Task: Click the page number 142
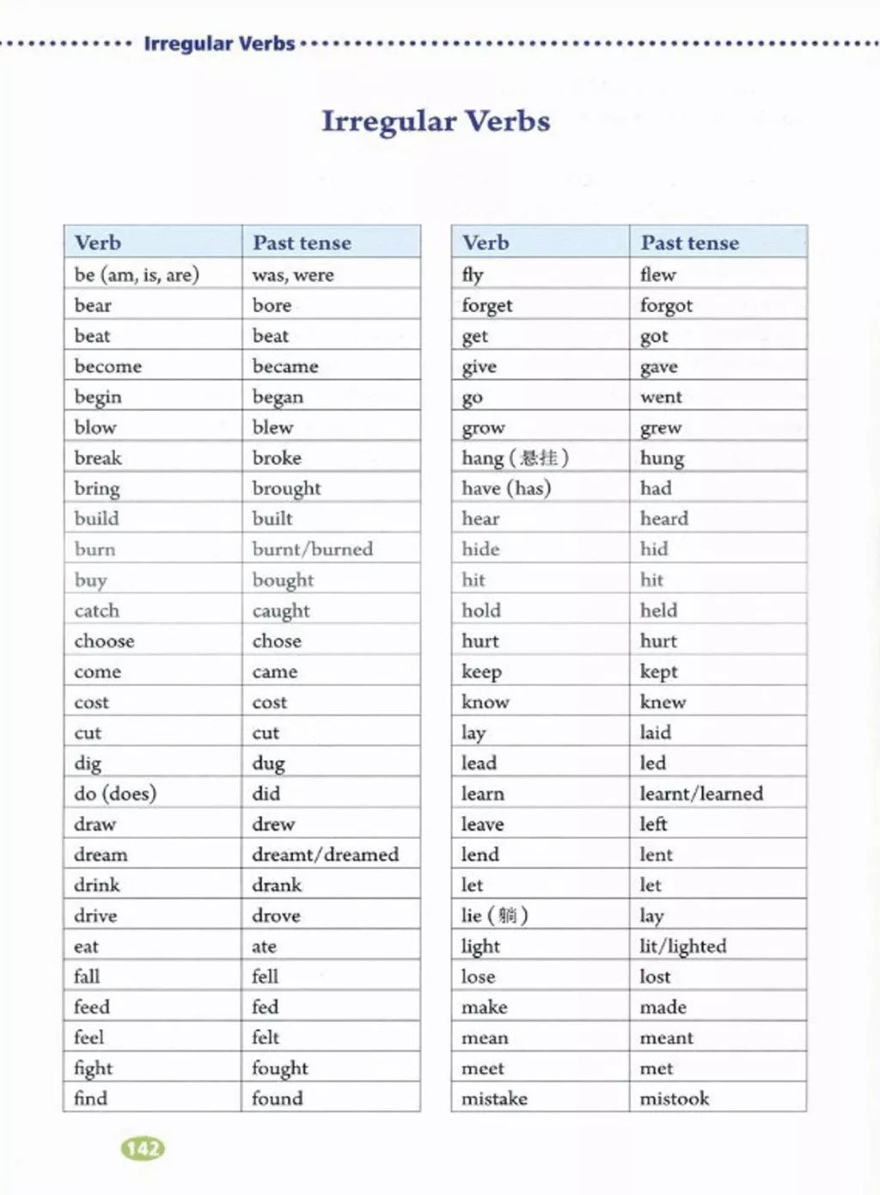(x=143, y=1149)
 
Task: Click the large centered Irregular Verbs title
(x=436, y=121)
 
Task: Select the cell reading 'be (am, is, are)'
(x=137, y=275)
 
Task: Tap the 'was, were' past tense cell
(x=293, y=275)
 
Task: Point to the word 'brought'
(x=286, y=488)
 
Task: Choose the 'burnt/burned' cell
(x=313, y=549)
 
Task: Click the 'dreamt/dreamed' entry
(x=326, y=855)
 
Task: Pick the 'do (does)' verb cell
(x=115, y=794)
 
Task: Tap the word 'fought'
(x=280, y=1068)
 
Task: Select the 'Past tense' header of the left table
(x=302, y=243)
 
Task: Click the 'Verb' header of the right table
(x=486, y=243)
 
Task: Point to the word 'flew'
(x=658, y=275)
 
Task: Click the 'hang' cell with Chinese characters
(x=516, y=458)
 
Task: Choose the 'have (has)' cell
(x=506, y=488)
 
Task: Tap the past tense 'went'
(x=661, y=397)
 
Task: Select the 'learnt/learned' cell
(x=701, y=794)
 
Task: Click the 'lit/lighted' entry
(x=683, y=947)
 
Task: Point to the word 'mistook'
(x=675, y=1099)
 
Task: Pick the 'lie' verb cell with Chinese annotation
(x=495, y=916)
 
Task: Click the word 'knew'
(x=663, y=702)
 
